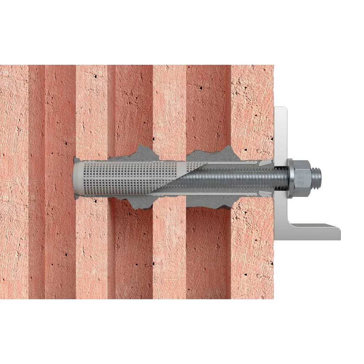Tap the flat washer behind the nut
click(x=290, y=178)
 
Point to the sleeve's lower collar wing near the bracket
click(x=268, y=193)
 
